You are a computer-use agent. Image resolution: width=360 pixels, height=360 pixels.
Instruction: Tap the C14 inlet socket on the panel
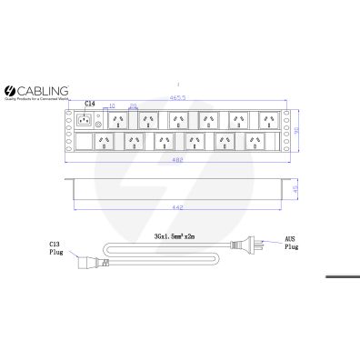pos(86,121)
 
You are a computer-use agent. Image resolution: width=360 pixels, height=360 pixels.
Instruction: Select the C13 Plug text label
pos(55,249)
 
